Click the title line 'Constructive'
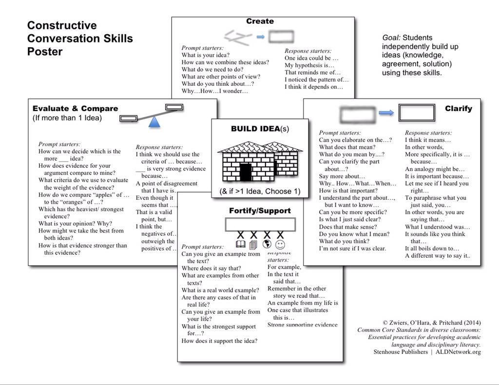pos(62,25)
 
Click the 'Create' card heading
pos(260,21)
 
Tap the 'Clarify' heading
pos(458,109)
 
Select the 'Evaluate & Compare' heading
pos(75,109)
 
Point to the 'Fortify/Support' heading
pos(260,211)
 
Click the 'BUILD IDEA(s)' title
pos(260,129)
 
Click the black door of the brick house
pos(246,172)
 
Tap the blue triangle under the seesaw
pos(154,122)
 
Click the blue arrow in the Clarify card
pos(386,113)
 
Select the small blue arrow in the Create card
pos(260,37)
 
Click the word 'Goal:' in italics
pos(391,38)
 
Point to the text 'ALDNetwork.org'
pos(459,352)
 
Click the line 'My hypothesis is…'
pos(309,65)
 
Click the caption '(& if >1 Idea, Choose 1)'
pos(259,192)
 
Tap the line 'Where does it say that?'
pos(211,269)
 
